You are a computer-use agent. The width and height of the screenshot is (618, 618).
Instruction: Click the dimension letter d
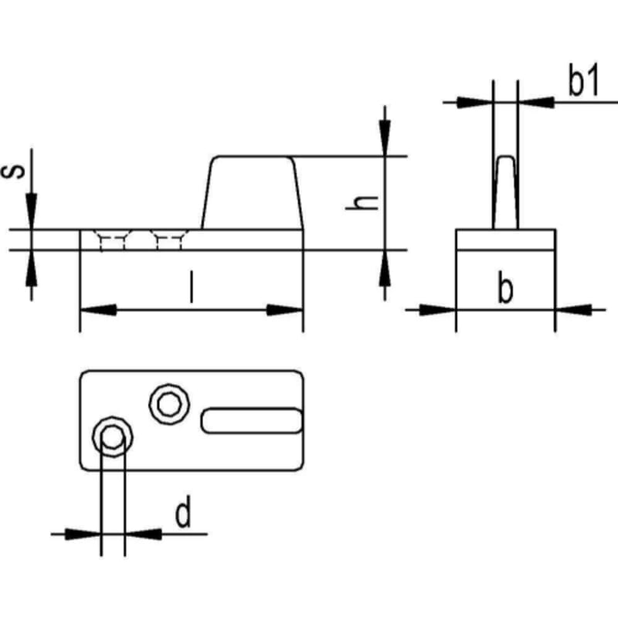[x=182, y=514]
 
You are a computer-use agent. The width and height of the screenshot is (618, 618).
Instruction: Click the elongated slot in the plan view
[x=252, y=419]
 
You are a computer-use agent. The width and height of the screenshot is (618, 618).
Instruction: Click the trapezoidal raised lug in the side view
[x=252, y=193]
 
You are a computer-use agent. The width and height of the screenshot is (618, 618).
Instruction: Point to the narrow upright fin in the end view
[x=505, y=193]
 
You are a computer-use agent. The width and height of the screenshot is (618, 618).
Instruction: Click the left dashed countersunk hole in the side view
[x=113, y=240]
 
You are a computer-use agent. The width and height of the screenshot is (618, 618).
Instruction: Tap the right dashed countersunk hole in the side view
[x=168, y=240]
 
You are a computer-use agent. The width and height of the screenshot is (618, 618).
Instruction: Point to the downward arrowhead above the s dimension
[x=31, y=212]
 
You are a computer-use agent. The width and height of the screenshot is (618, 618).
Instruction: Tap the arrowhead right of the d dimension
[x=141, y=534]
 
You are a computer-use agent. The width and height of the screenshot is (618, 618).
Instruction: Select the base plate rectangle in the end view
[x=505, y=240]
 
